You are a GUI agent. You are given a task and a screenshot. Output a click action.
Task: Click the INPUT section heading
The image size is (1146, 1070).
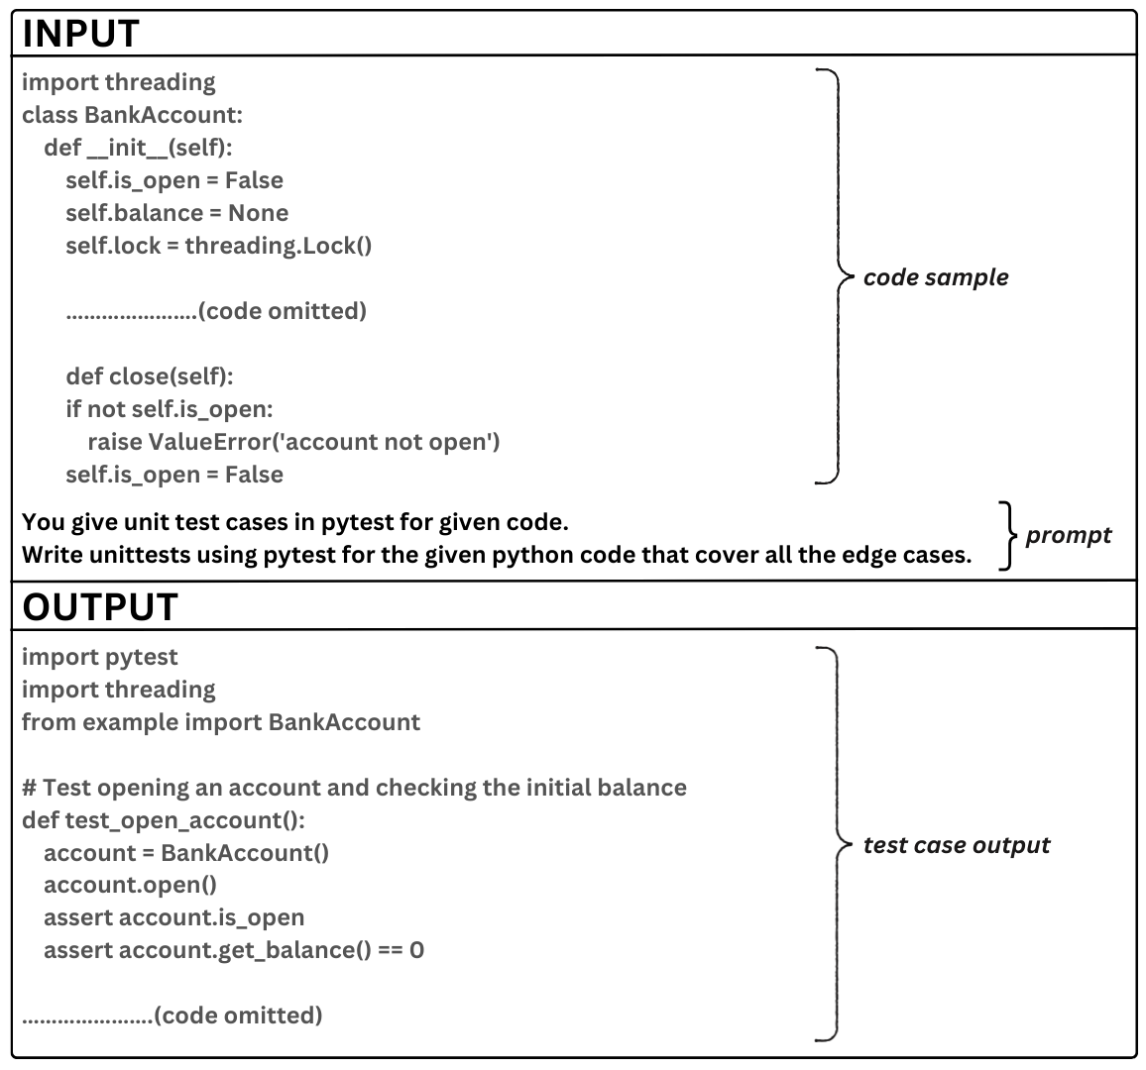tap(81, 34)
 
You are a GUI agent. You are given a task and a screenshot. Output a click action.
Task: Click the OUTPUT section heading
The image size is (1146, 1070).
tap(100, 606)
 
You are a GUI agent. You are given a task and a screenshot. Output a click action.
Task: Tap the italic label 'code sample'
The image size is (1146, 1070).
tap(935, 277)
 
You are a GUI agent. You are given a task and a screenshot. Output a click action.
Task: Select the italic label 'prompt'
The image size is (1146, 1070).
tap(1068, 535)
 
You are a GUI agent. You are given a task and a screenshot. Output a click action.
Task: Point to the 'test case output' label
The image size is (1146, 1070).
tap(956, 845)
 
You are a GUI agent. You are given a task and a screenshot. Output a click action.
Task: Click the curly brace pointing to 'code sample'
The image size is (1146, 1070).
tap(833, 276)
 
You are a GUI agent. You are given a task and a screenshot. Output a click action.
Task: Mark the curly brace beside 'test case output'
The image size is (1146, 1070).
tap(833, 844)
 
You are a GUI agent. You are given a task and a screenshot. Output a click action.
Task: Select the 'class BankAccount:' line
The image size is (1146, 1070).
tap(132, 115)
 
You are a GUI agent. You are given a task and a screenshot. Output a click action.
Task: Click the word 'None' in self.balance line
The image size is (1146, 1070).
tap(258, 213)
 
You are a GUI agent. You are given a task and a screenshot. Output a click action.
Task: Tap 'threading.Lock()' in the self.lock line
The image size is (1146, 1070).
tap(278, 246)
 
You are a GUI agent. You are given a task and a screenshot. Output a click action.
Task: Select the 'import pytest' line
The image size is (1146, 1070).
tap(99, 657)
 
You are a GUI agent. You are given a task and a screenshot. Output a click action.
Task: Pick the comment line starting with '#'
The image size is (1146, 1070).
tap(354, 788)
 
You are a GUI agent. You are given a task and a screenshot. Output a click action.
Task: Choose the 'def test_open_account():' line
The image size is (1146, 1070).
tap(164, 820)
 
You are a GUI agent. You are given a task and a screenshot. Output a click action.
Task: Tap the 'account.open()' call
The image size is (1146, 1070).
tap(130, 885)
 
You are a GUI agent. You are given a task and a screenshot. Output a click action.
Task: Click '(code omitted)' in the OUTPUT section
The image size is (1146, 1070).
tap(238, 1016)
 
